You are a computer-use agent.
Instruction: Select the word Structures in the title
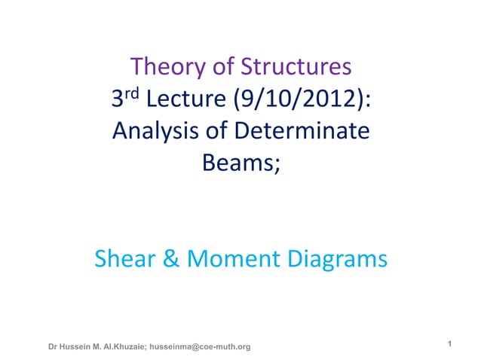tap(295, 68)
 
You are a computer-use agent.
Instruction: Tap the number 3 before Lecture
tap(118, 100)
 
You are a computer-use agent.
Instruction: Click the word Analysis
tap(153, 132)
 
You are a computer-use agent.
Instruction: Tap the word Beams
tap(237, 163)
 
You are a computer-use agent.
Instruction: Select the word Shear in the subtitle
tap(123, 260)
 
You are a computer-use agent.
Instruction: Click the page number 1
tap(449, 345)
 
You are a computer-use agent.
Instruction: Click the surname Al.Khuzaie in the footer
tap(125, 346)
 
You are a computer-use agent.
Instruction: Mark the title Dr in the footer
tap(53, 346)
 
